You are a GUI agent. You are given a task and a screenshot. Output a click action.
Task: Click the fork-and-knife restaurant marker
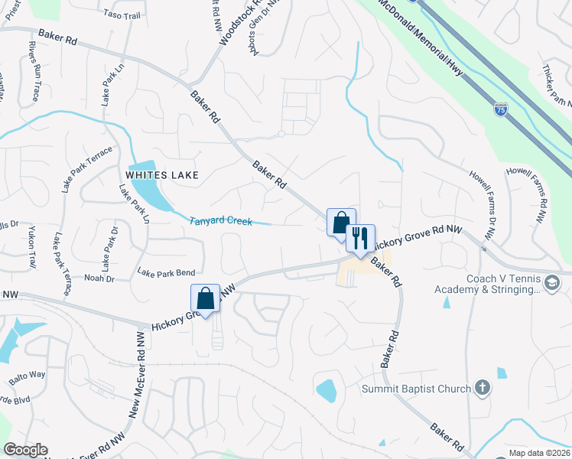pyautogui.click(x=359, y=238)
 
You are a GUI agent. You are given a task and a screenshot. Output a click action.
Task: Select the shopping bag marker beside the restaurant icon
pyautogui.click(x=341, y=223)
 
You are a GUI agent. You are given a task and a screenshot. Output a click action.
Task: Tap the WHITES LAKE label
pyautogui.click(x=162, y=175)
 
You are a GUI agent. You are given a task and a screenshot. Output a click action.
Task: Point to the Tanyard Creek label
pyautogui.click(x=221, y=221)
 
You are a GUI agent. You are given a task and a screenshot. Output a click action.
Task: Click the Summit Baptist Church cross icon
pyautogui.click(x=482, y=389)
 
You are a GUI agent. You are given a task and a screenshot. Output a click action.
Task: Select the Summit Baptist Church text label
pyautogui.click(x=416, y=389)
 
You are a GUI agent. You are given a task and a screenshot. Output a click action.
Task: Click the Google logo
pyautogui.click(x=25, y=450)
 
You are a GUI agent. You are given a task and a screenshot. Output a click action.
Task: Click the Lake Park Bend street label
pyautogui.click(x=166, y=272)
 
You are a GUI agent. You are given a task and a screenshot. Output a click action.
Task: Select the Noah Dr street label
pyautogui.click(x=99, y=278)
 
